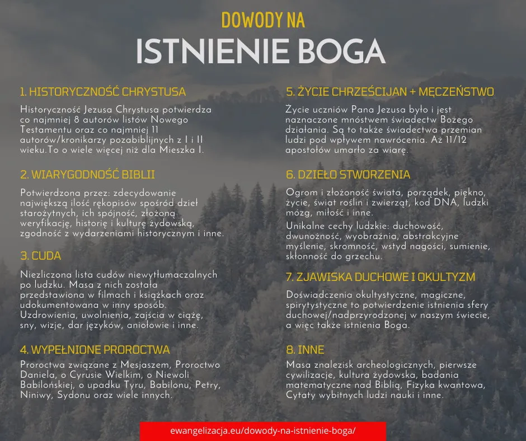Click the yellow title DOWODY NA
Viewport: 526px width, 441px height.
click(263, 20)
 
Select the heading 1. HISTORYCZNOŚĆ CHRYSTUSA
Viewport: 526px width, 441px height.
click(102, 92)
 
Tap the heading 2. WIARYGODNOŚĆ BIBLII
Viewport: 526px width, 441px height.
click(87, 175)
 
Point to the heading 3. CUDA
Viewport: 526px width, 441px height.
click(40, 256)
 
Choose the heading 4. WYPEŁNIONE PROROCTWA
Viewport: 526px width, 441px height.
click(95, 350)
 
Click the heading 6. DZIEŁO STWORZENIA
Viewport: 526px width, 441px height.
click(347, 175)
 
